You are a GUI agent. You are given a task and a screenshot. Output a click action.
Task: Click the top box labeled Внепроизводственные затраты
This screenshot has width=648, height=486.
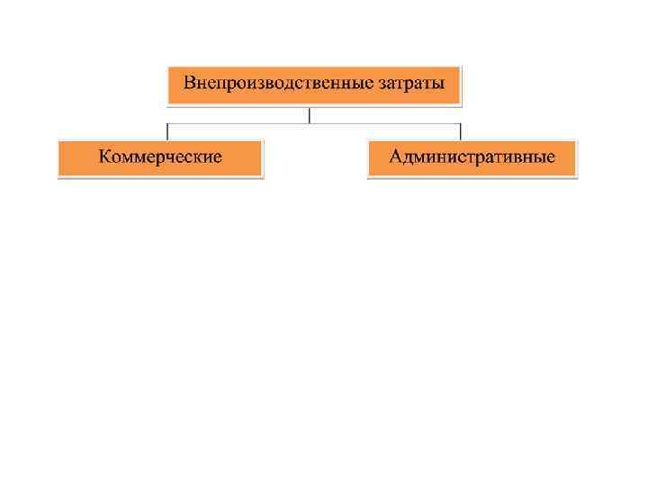313,85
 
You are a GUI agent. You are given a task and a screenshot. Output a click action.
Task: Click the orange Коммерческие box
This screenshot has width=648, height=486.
160,158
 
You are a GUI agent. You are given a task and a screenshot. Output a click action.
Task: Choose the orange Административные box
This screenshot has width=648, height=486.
472,158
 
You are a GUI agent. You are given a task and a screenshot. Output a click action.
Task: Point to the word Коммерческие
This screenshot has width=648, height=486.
160,157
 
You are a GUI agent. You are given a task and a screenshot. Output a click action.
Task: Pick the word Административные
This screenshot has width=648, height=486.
472,157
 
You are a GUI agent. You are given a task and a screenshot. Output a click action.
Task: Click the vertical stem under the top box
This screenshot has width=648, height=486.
310,115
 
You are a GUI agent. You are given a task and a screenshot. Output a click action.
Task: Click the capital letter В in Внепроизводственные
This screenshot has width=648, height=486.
190,84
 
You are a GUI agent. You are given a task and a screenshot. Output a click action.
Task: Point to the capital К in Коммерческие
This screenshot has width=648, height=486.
105,157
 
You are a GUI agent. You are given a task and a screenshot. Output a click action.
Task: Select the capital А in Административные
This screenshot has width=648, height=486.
396,157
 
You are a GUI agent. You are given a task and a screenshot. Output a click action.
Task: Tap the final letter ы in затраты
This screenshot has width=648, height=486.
438,85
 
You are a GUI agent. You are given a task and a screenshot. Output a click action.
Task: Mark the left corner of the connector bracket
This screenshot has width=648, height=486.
168,123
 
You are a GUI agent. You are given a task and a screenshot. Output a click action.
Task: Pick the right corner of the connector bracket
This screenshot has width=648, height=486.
460,123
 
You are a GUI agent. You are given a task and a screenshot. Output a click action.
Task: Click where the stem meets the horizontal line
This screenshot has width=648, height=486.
310,123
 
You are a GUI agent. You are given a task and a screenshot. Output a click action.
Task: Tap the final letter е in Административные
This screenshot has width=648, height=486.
551,158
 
